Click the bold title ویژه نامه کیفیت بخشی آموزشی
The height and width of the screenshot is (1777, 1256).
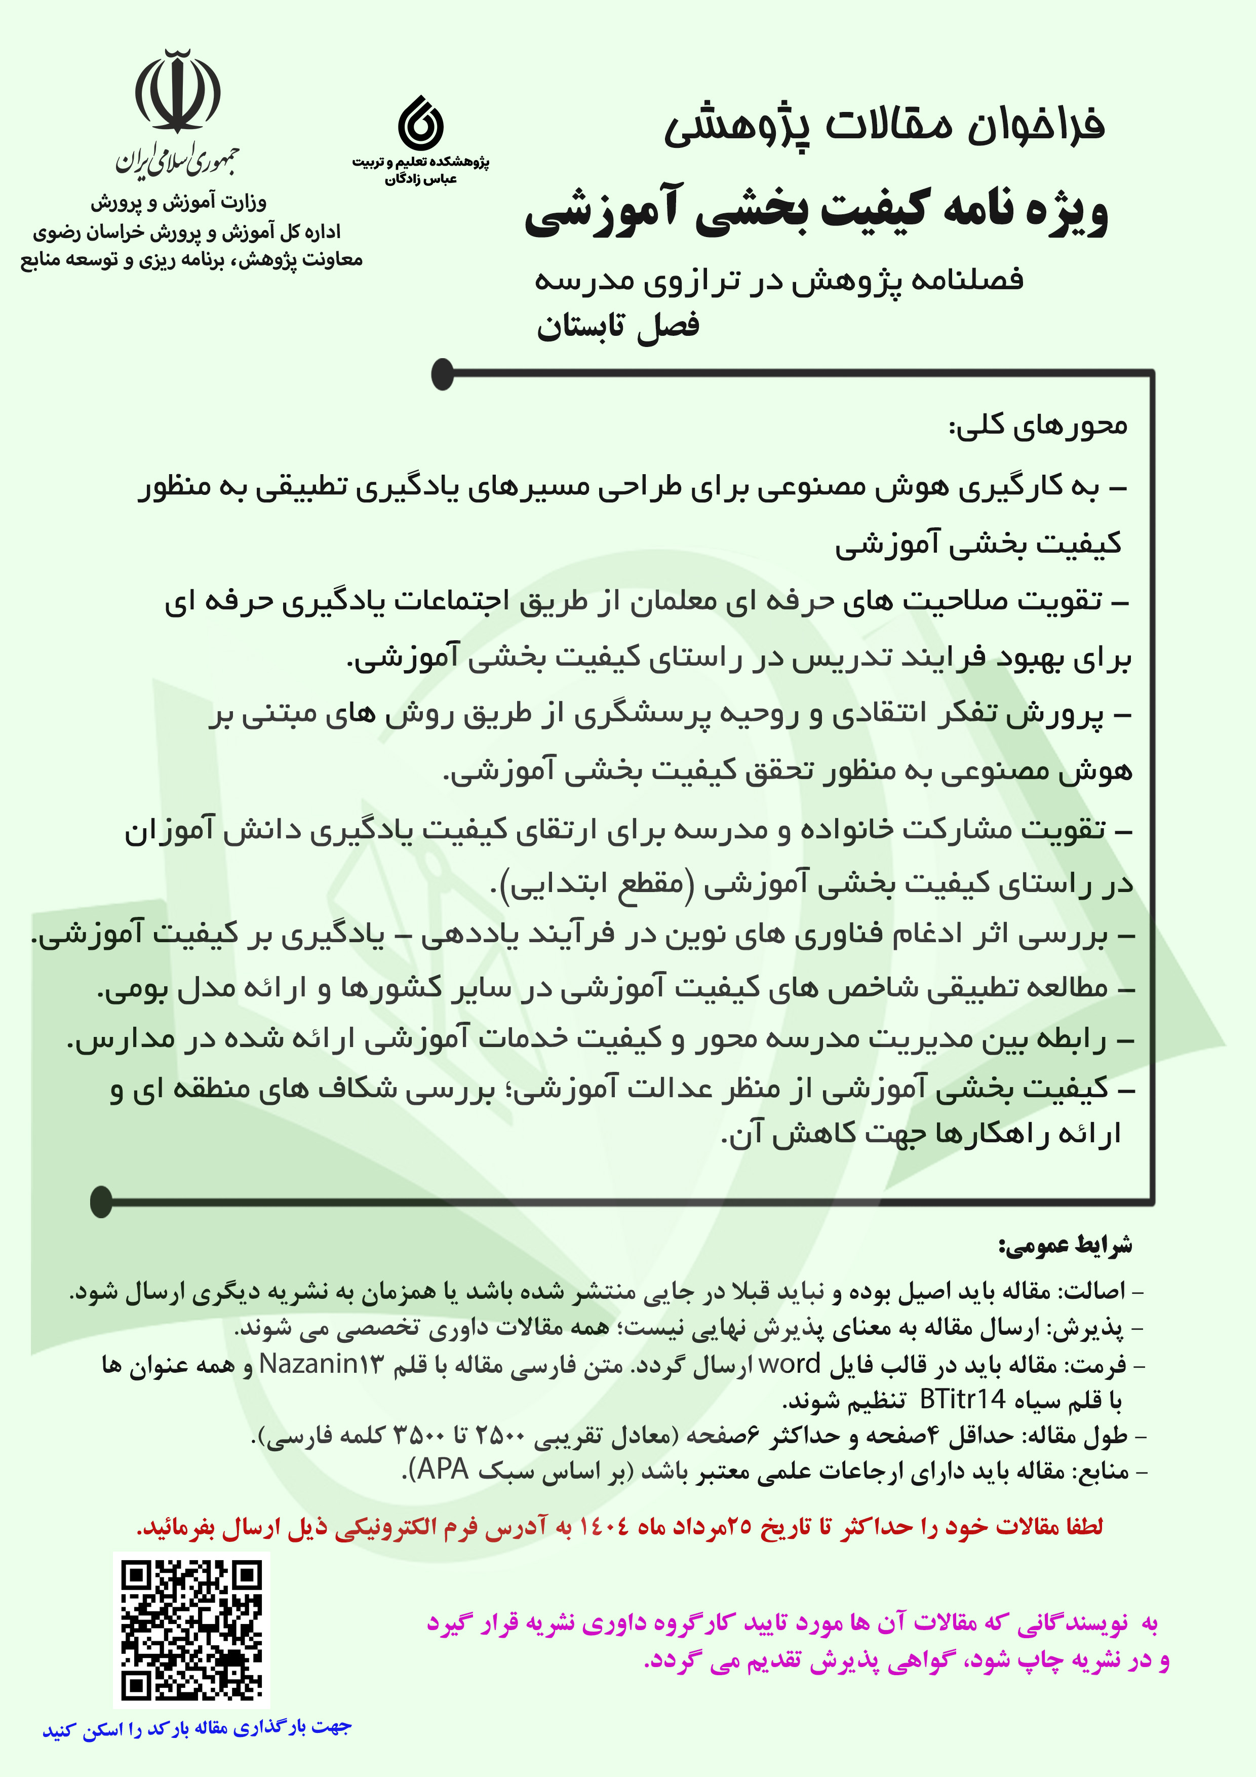point(816,213)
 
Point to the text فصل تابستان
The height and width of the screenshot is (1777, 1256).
point(617,326)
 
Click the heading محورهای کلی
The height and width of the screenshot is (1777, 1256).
point(1038,426)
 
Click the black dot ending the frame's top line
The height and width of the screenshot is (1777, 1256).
point(442,374)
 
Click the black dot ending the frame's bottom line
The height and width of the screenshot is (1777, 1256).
point(101,1201)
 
